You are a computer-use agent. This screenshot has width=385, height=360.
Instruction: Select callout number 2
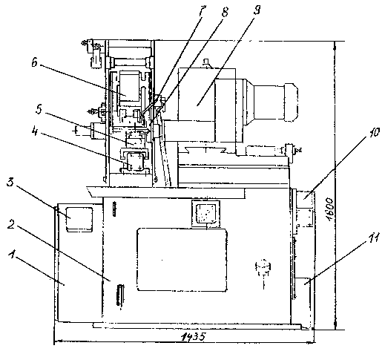point(10,224)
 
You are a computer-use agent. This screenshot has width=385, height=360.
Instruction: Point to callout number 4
point(35,132)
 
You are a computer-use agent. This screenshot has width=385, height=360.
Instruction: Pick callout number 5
point(39,110)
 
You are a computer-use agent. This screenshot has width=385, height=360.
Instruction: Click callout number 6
point(34,62)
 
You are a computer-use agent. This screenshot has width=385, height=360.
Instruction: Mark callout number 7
point(201,11)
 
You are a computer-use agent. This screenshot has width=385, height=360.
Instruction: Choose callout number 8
point(225,11)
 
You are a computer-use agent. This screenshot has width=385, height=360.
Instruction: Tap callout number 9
point(257,10)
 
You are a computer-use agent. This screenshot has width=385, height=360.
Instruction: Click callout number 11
point(372,238)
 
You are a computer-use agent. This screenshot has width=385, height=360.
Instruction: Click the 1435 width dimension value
point(193,336)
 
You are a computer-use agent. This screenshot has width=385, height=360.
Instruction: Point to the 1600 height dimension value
point(330,209)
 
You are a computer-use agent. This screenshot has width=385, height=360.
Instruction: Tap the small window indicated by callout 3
point(79,219)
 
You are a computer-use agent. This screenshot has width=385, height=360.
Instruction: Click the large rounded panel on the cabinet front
point(182,260)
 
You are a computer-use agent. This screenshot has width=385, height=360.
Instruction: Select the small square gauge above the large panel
point(206,213)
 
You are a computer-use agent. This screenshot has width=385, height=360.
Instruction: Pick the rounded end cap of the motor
point(292,102)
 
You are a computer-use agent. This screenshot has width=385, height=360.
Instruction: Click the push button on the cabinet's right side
point(263,268)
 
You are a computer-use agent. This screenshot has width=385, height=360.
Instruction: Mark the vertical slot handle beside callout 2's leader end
point(120,295)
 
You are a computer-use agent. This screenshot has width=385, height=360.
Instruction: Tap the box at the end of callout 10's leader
point(305,200)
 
